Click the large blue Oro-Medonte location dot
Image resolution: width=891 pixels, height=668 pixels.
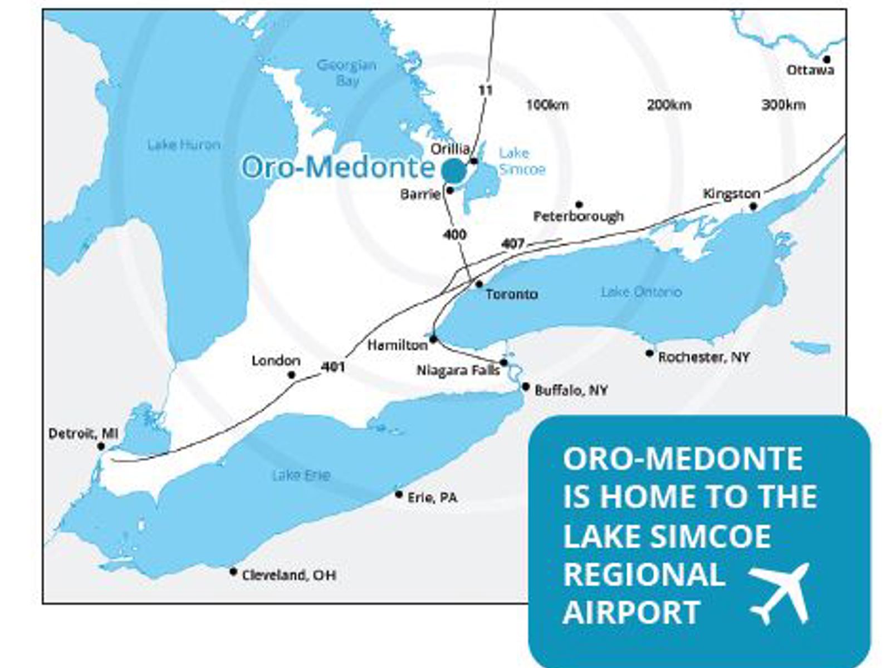click(x=454, y=170)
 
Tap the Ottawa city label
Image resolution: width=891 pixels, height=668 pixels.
click(x=810, y=70)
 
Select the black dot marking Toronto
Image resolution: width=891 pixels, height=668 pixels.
click(x=479, y=284)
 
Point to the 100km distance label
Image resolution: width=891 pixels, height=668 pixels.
click(x=547, y=105)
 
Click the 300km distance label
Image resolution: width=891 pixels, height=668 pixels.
click(x=783, y=105)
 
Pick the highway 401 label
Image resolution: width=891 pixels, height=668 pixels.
click(x=333, y=367)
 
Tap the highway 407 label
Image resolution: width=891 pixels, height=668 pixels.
click(x=512, y=244)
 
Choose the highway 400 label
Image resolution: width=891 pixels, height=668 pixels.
click(x=454, y=234)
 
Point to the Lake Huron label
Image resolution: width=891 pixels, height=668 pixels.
click(x=184, y=145)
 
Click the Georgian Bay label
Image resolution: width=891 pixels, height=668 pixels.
click(x=346, y=73)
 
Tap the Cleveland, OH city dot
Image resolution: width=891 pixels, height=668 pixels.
click(x=233, y=572)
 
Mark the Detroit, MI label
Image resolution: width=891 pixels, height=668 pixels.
click(x=83, y=433)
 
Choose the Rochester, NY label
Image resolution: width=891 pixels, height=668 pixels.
click(x=704, y=357)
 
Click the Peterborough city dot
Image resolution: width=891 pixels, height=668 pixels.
click(x=579, y=204)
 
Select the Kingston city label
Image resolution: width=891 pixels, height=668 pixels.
click(x=731, y=194)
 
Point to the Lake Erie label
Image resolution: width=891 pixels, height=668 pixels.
click(x=301, y=475)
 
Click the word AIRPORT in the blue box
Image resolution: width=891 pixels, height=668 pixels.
click(x=631, y=612)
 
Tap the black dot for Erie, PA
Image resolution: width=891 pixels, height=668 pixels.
click(x=399, y=494)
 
